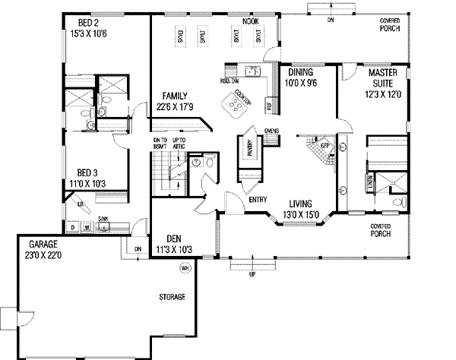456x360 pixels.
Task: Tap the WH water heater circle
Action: point(184,268)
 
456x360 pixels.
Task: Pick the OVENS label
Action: point(271,131)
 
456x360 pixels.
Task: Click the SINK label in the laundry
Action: point(103,218)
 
